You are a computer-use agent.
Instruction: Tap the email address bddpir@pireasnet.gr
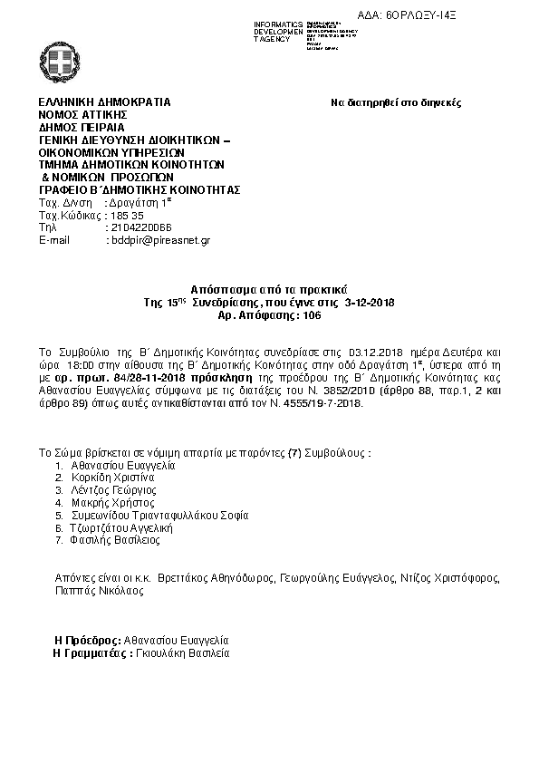coord(159,240)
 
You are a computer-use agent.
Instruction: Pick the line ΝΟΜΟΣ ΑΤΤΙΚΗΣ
coord(82,115)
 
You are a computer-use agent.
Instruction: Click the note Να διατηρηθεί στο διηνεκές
coord(396,103)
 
